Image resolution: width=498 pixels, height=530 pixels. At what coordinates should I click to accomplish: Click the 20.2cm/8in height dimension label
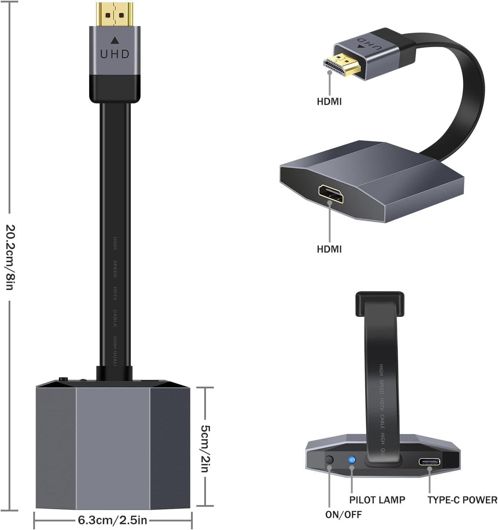[10, 257]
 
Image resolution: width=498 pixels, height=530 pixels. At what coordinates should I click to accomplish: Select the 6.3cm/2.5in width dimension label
[112, 520]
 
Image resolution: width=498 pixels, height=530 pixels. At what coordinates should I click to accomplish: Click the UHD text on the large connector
[115, 54]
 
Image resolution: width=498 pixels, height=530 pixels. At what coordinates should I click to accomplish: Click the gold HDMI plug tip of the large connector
[115, 14]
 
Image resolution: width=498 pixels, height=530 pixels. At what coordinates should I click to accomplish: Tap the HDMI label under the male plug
[329, 102]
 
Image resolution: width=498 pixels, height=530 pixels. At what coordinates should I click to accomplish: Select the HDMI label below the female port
[329, 249]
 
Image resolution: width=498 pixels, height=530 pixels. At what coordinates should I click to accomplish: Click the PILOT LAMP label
[377, 500]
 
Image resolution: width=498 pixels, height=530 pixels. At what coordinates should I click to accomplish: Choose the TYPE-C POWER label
[462, 500]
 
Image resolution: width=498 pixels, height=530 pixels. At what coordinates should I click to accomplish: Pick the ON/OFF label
[343, 514]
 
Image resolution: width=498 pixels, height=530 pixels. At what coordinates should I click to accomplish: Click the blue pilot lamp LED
[352, 459]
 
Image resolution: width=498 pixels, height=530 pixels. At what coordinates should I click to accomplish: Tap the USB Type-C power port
[429, 462]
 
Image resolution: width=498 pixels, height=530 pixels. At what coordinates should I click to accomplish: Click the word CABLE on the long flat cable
[115, 318]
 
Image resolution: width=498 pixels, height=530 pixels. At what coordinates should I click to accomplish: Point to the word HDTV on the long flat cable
[115, 293]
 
